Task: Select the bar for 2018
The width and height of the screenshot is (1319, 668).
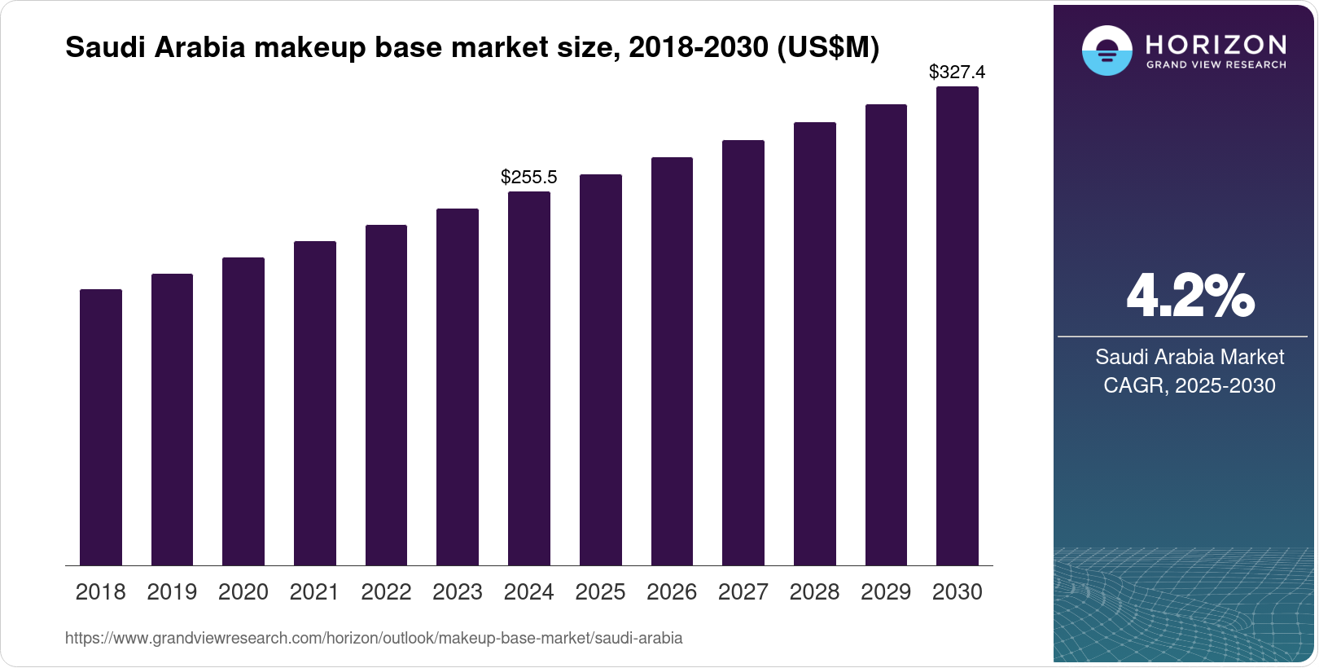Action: [x=101, y=427]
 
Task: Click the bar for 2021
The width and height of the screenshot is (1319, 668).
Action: [x=315, y=403]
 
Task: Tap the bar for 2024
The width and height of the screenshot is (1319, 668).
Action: [x=529, y=378]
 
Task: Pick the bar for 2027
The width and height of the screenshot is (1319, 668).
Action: [x=743, y=353]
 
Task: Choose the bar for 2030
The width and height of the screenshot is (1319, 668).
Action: [x=957, y=326]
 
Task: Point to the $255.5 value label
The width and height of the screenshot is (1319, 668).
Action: [x=529, y=177]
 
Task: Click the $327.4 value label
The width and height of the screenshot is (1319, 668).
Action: [x=957, y=72]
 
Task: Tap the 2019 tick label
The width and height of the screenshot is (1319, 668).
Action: [x=172, y=592]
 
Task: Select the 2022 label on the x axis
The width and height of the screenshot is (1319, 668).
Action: [x=386, y=592]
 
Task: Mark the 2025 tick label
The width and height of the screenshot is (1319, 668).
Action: [x=600, y=592]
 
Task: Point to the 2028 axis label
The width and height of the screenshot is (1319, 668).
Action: [x=814, y=592]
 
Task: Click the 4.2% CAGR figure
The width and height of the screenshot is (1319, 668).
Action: [x=1190, y=297]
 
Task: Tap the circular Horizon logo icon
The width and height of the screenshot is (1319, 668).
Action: [x=1106, y=51]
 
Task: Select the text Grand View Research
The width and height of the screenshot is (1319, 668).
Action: [x=1216, y=64]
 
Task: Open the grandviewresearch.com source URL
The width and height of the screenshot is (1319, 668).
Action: [x=374, y=638]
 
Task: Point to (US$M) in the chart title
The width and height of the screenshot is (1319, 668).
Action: [x=828, y=47]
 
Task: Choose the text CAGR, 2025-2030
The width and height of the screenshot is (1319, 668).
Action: [x=1190, y=385]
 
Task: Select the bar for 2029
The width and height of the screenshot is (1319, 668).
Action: [x=886, y=335]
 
